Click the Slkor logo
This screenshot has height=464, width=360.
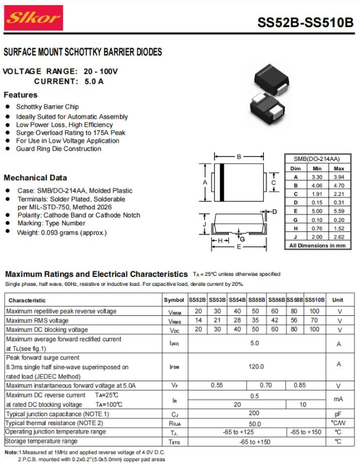coord(34,19)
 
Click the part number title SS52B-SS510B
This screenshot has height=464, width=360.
coord(305,23)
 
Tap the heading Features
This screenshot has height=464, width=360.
coord(21,95)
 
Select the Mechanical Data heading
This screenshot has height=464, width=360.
coord(36,178)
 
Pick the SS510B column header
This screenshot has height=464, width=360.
coord(314,300)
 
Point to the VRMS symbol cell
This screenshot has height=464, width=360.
coord(174,321)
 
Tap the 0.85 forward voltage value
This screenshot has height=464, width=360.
coord(300,385)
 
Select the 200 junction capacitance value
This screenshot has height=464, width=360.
coord(254,413)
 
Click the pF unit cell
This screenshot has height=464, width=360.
coord(338,413)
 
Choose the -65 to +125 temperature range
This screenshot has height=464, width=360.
coord(238,432)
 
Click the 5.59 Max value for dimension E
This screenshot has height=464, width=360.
coord(339,211)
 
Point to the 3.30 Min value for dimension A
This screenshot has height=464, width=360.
coord(317,176)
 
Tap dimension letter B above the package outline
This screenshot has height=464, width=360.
coord(238,157)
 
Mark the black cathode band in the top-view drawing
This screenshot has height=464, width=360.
coord(221,183)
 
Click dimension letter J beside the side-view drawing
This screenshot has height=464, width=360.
coord(205,224)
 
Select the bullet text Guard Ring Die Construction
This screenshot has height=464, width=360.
coord(58,149)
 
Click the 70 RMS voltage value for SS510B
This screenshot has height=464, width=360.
coord(314,321)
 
